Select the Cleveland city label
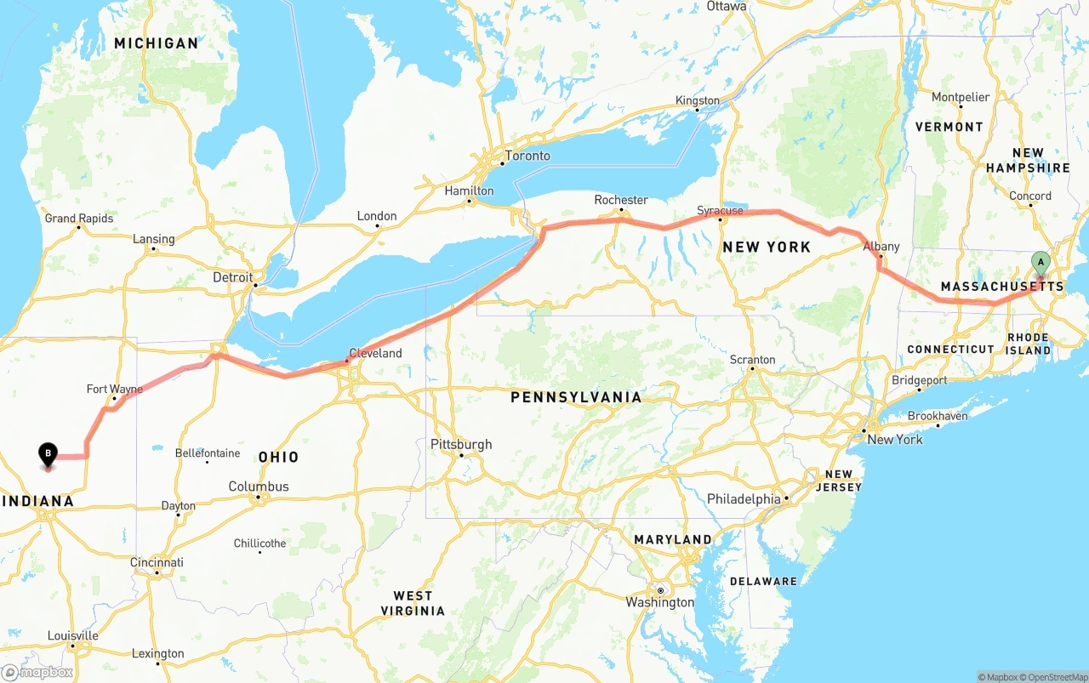click(375, 353)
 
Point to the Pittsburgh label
click(461, 444)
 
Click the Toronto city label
click(527, 156)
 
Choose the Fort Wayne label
click(115, 389)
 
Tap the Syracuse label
click(720, 210)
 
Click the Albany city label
click(881, 247)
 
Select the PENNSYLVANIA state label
click(576, 397)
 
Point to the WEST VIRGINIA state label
click(413, 603)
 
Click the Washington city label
click(660, 602)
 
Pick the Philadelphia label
click(744, 498)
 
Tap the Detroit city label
click(233, 277)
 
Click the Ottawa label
click(727, 6)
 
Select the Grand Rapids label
click(79, 219)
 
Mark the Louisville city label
click(73, 635)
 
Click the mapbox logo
click(38, 672)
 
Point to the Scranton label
click(752, 360)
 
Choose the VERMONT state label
click(949, 127)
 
